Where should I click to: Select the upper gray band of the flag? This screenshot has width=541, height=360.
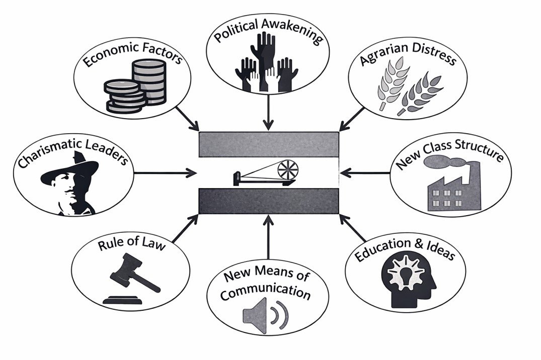268,144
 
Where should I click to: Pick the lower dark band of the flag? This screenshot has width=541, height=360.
268,201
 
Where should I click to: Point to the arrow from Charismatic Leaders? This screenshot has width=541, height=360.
166,173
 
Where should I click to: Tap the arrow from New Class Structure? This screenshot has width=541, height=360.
365,173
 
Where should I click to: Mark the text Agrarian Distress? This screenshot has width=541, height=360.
408,59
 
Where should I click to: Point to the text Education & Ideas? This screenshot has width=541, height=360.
405,247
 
